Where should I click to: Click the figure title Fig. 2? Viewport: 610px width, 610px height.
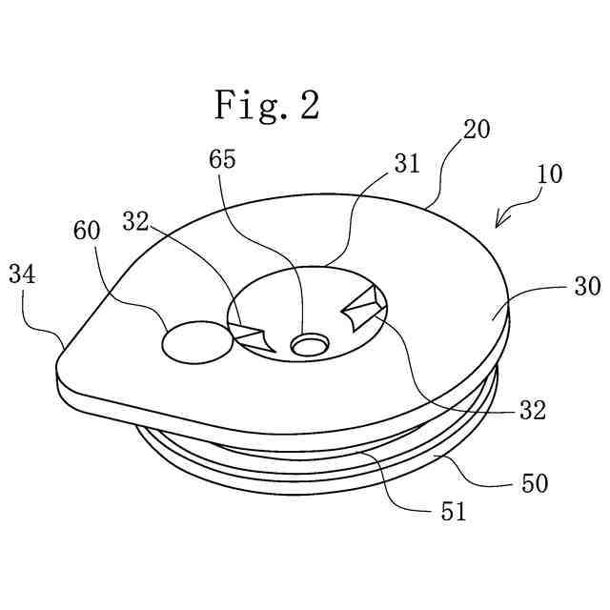(266, 104)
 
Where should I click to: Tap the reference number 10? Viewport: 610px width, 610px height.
(549, 174)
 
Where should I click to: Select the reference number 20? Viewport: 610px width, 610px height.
(477, 129)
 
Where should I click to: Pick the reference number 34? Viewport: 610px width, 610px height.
(23, 275)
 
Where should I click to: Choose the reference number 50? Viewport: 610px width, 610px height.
(535, 483)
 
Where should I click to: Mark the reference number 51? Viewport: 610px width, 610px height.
(453, 512)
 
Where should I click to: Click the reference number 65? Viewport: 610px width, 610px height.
(224, 159)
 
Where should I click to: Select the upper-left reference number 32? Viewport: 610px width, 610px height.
(137, 221)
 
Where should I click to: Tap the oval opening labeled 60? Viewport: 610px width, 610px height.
(195, 341)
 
